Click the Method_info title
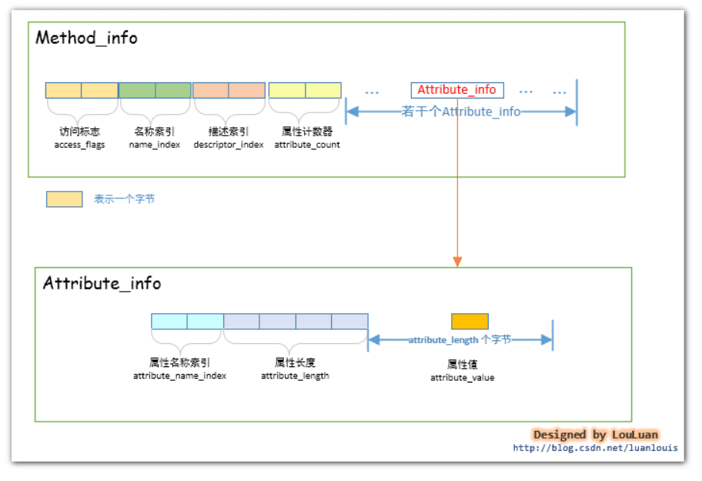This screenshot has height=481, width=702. pos(86,38)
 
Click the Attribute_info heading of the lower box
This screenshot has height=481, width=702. pos(102,283)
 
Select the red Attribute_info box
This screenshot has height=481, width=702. pos(457,90)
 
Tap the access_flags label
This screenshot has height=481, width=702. pos(80,145)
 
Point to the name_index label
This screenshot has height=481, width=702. pos(155,145)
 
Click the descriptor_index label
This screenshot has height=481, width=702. pos(229,145)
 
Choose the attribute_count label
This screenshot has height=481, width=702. pos(307,145)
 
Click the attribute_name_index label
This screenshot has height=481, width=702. pos(179,376)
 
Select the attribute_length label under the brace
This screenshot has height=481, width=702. pos(295,376)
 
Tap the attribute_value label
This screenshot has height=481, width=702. pos(463,378)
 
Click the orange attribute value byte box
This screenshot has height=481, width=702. pos(470,322)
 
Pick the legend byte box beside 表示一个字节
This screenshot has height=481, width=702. pos(65,199)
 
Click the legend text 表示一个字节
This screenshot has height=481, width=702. pos(125,199)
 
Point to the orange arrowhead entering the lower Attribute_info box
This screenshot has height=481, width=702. pos(457,262)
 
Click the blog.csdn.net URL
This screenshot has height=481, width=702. pos(596,448)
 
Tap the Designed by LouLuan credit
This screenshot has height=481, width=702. pos(596,435)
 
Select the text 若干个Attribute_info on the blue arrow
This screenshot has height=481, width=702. pos(460,112)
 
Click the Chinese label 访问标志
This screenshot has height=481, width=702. pos(80,132)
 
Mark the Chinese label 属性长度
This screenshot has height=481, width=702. pos(295,362)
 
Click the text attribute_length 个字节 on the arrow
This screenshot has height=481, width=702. pos(460,340)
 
